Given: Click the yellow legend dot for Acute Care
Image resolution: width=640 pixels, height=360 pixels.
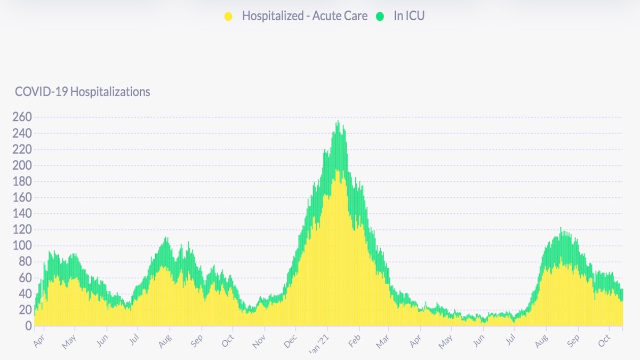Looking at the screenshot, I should pyautogui.click(x=228, y=17).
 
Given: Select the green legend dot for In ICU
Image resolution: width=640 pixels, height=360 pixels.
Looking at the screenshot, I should pyautogui.click(x=380, y=17).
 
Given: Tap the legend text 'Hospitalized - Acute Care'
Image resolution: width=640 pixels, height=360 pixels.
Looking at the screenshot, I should pyautogui.click(x=305, y=16).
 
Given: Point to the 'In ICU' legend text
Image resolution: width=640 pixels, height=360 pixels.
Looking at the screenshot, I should pyautogui.click(x=409, y=16).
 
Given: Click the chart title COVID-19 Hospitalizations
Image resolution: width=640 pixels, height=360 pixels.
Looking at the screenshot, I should pyautogui.click(x=83, y=92).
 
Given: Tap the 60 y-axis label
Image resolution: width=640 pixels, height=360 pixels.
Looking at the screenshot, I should pyautogui.click(x=25, y=277).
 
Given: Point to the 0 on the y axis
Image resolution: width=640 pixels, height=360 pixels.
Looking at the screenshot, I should pyautogui.click(x=29, y=325).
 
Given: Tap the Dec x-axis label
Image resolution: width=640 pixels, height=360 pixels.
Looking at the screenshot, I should pyautogui.click(x=291, y=340).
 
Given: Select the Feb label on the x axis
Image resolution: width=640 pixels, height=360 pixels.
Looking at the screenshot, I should pyautogui.click(x=354, y=340).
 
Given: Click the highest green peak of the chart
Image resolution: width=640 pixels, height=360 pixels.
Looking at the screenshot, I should pyautogui.click(x=338, y=122).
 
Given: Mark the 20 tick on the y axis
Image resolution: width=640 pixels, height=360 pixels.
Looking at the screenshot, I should pyautogui.click(x=25, y=309).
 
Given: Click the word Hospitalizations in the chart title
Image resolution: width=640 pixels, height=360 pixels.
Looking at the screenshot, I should pyautogui.click(x=110, y=92).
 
